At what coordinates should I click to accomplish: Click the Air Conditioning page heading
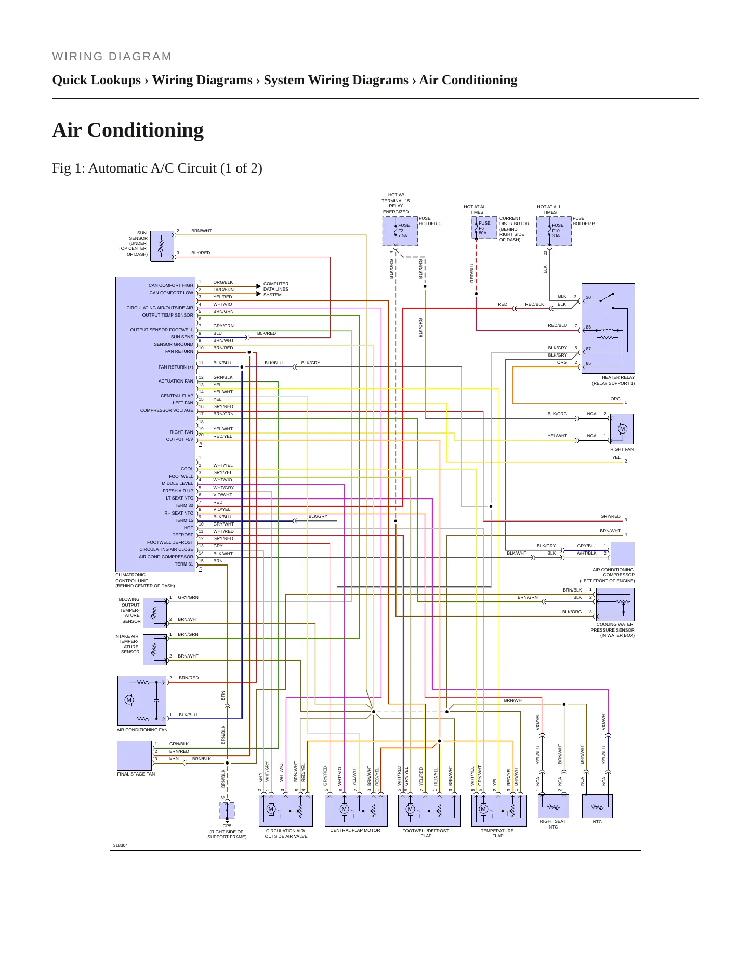[128, 130]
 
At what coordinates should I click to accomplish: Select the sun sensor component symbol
[162, 246]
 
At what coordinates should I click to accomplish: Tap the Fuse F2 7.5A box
[400, 231]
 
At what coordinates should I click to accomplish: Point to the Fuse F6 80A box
[484, 228]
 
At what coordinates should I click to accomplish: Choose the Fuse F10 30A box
[554, 231]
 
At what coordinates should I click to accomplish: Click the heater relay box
[608, 329]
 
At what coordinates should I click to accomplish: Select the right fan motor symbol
[622, 429]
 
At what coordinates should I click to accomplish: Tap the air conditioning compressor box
[623, 554]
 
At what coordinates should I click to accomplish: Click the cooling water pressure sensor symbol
[615, 605]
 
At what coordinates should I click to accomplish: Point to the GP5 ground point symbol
[227, 810]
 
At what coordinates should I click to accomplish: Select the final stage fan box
[135, 756]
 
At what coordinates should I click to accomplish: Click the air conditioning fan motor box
[142, 701]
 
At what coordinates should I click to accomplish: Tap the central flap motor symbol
[356, 810]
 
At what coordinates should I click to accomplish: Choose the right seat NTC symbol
[554, 806]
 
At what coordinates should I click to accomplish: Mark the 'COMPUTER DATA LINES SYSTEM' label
[276, 290]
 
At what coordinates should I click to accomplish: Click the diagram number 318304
[121, 845]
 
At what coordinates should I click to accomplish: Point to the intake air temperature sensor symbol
[155, 649]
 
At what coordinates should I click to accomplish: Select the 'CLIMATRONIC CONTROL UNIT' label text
[145, 581]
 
